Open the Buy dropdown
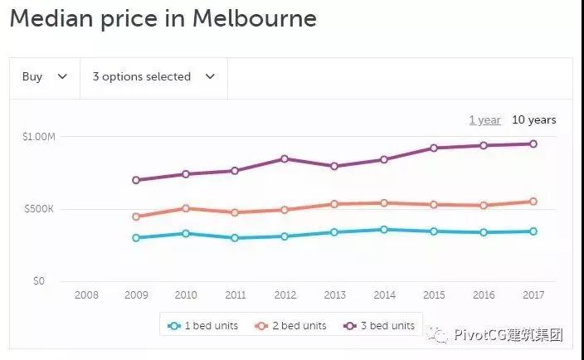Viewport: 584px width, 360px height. coord(44,77)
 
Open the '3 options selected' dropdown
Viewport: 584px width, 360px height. coord(153,77)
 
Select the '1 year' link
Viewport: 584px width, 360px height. coord(484,120)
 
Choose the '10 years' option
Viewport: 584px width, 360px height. coord(533,120)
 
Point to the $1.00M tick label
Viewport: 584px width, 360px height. coord(38,137)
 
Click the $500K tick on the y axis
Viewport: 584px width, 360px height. coord(38,209)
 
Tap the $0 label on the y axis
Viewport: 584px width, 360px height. coord(38,281)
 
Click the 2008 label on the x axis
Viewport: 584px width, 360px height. coord(86,295)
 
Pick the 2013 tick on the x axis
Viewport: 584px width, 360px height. coord(334,295)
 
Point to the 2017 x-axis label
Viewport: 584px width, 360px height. coord(533,295)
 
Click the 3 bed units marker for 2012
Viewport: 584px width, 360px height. coord(285,158)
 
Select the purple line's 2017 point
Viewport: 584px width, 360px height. coord(533,144)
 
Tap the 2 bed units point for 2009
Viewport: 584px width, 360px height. coord(136,216)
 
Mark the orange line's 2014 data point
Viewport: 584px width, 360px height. coord(384,202)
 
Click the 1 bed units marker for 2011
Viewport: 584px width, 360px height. coord(235,238)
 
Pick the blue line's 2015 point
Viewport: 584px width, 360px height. coord(434,231)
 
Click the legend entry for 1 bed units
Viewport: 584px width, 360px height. coord(202,326)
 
